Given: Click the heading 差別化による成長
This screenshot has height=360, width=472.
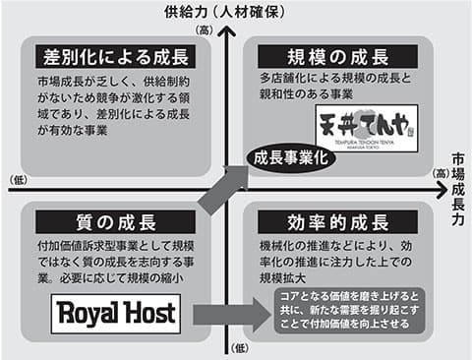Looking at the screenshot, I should point(115,56).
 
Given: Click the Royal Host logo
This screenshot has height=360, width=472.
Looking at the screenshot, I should point(115,314).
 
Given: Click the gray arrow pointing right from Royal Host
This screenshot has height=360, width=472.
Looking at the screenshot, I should point(230,315).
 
